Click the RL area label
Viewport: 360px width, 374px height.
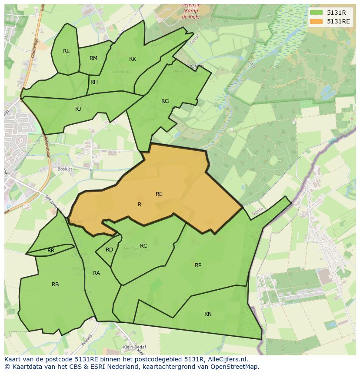(66, 51)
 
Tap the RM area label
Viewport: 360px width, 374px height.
(93, 58)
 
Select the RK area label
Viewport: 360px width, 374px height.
(133, 59)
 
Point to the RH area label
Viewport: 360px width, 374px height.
(94, 82)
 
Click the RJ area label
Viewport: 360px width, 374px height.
(78, 109)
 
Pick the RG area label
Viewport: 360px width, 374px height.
(165, 101)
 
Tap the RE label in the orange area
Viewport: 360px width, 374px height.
(159, 194)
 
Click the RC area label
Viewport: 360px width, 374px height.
(143, 246)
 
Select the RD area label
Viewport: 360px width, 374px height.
(109, 250)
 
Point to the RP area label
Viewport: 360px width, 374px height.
(198, 265)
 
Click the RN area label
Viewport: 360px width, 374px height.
(208, 314)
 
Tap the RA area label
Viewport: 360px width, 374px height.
(97, 273)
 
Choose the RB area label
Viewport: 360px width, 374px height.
(55, 285)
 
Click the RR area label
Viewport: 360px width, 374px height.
(51, 251)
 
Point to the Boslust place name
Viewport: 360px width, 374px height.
(65, 169)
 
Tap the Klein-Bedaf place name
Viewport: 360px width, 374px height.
(134, 347)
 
